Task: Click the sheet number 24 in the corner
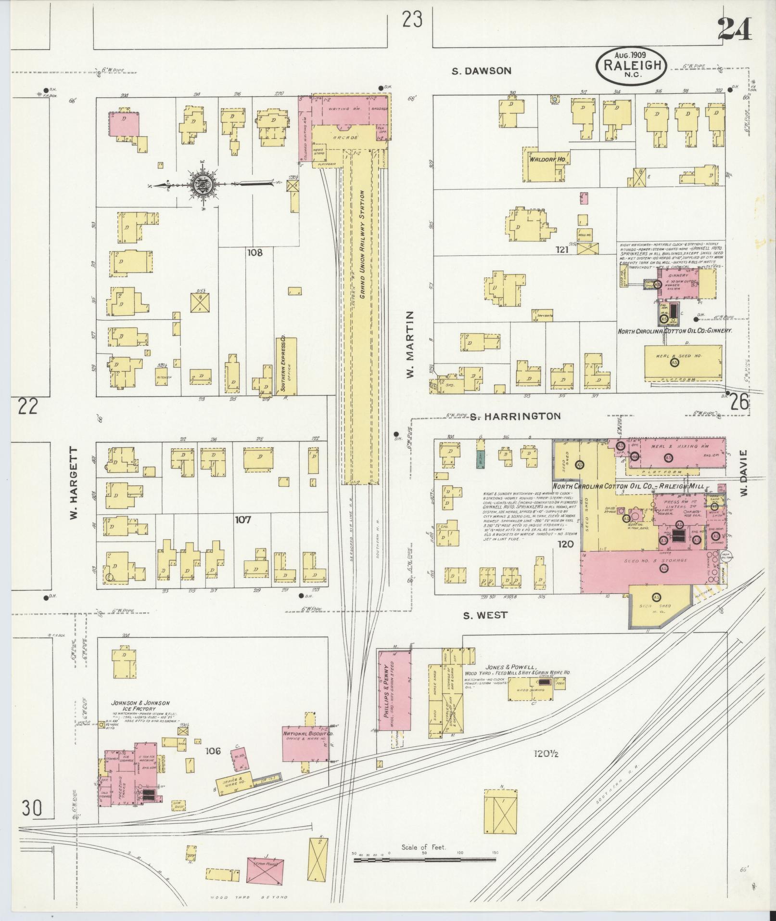click(x=734, y=30)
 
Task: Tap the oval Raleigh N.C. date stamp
click(x=631, y=65)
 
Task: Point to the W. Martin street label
click(x=409, y=344)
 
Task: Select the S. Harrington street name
click(x=515, y=416)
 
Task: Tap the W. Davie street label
click(x=744, y=474)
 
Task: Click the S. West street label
click(x=485, y=615)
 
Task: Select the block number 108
click(x=254, y=252)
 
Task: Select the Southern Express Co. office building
click(x=286, y=366)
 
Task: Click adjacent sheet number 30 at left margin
click(x=31, y=808)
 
